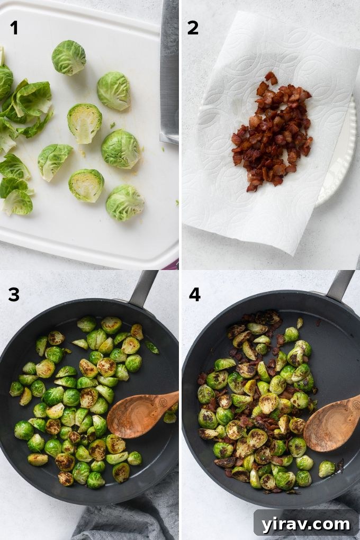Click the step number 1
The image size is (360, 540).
[14, 27]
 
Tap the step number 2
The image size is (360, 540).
[193, 27]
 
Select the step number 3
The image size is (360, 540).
[14, 294]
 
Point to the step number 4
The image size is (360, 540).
[194, 294]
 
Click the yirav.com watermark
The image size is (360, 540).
[306, 524]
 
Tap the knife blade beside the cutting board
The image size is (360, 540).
[169, 69]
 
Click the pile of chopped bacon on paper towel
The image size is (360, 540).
[272, 132]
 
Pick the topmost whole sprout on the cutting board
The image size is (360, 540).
[68, 58]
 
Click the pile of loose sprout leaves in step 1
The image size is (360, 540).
[21, 132]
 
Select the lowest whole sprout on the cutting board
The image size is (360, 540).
[124, 203]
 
